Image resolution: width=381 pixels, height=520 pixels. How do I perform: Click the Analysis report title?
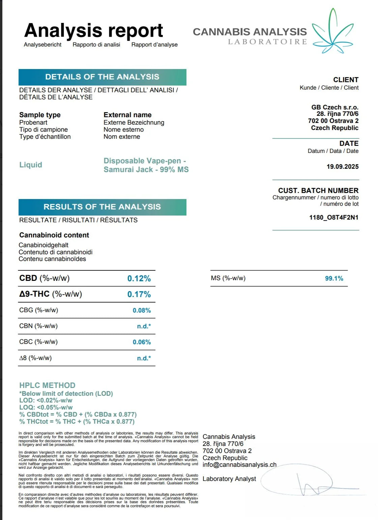[x=93, y=31]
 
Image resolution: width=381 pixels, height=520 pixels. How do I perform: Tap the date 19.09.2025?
[x=342, y=166]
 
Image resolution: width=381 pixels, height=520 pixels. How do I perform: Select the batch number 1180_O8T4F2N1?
[x=333, y=217]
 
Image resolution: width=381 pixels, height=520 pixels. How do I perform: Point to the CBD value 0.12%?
[x=139, y=279]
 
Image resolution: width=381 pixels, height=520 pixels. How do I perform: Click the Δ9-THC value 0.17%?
[x=139, y=294]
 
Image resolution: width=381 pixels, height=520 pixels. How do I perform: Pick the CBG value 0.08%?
[x=142, y=310]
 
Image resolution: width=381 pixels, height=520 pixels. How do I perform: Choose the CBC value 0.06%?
[x=142, y=342]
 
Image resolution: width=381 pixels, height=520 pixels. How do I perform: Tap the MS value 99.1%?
[x=334, y=279]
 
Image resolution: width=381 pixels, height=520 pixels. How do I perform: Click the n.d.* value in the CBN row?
[x=144, y=326]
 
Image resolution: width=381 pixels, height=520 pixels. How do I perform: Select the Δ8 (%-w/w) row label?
[x=35, y=358]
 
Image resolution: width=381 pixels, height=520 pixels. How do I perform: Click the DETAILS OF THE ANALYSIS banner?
[x=102, y=77]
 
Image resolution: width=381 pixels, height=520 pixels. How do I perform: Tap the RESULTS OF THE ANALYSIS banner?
[x=102, y=207]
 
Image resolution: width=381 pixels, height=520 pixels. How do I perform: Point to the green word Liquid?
[x=31, y=165]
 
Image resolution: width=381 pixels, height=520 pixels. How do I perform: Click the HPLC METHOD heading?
[x=47, y=385]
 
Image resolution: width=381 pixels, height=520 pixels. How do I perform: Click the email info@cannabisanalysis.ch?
[x=239, y=465]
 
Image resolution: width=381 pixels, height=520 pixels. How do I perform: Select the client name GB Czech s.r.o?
[x=334, y=107]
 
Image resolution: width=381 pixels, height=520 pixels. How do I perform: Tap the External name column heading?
[x=127, y=115]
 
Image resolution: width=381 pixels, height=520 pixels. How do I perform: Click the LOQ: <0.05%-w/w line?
[x=46, y=407]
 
